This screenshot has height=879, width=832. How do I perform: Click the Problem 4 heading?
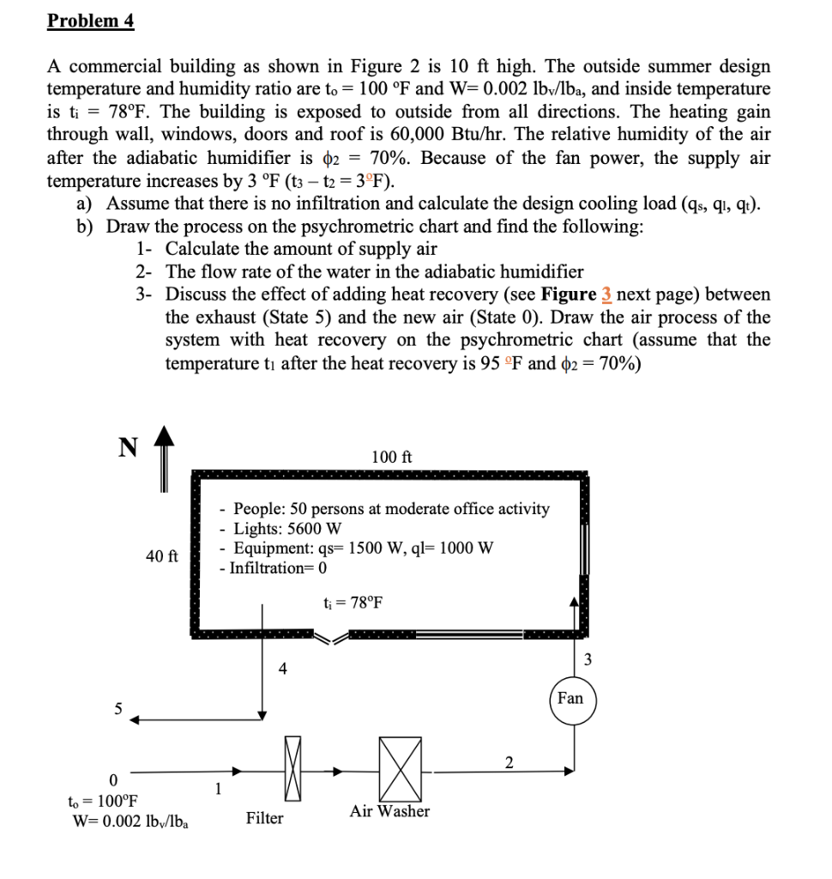(91, 21)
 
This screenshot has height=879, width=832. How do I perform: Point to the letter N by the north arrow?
(127, 447)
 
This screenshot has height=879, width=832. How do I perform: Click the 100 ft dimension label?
(392, 457)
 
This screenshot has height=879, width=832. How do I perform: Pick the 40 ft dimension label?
(161, 556)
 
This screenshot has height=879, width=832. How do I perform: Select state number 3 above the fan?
(588, 660)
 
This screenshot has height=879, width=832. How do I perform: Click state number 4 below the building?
(282, 670)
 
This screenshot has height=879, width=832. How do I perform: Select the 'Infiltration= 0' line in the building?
(273, 567)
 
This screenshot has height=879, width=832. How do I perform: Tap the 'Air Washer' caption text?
(389, 811)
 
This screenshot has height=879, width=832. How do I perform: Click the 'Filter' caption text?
(264, 819)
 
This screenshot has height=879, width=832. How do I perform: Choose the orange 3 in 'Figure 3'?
(606, 294)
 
